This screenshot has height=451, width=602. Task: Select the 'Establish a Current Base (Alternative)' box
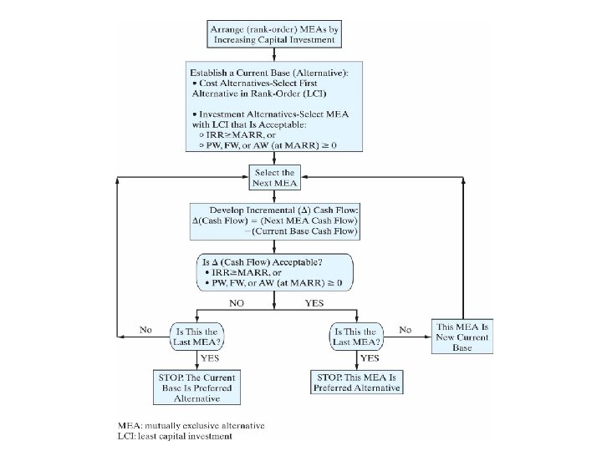point(274,106)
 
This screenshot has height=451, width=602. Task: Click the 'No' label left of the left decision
point(146,330)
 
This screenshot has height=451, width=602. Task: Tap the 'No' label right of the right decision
point(406,330)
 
